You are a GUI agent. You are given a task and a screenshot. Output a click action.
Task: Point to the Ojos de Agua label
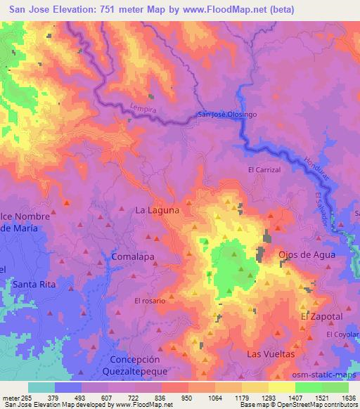point(307,254)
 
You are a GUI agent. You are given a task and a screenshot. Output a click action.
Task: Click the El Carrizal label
point(264,170)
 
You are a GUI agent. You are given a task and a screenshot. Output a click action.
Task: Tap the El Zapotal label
point(321,317)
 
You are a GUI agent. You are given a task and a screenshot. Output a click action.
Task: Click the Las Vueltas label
point(270,354)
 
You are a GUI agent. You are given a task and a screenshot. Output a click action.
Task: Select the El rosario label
point(150,301)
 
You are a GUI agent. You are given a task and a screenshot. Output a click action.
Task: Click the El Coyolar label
point(342,334)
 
